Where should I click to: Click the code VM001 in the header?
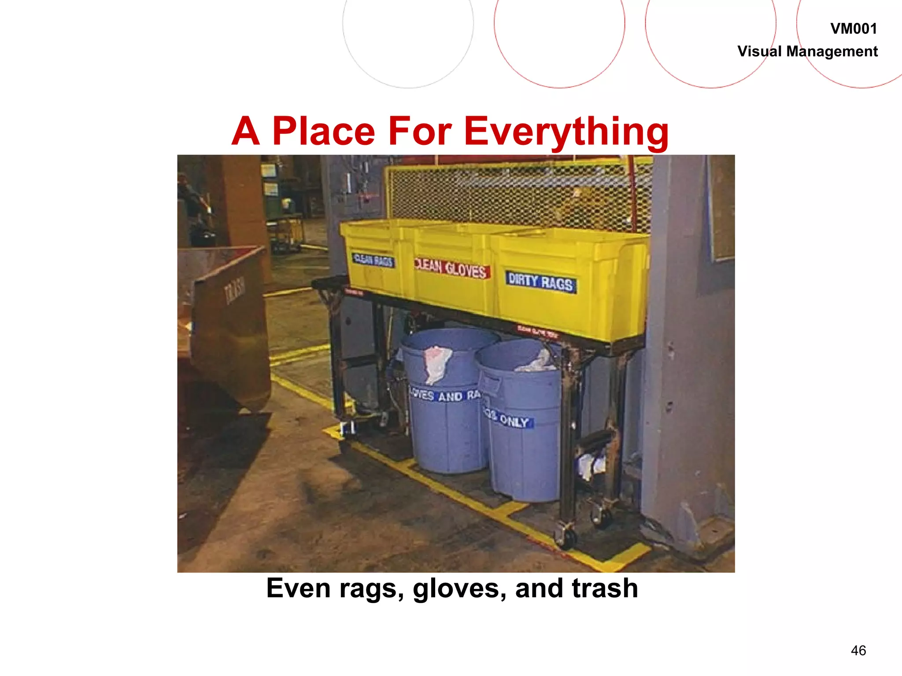point(853,29)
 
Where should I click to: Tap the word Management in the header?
point(832,51)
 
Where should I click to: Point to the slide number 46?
point(858,650)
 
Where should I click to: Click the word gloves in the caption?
point(460,588)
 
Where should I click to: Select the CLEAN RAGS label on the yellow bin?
point(373,260)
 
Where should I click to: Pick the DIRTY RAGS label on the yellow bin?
point(540,282)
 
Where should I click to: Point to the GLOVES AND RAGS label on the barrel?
point(445,395)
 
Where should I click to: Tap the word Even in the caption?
point(298,588)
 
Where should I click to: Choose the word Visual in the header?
point(760,51)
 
